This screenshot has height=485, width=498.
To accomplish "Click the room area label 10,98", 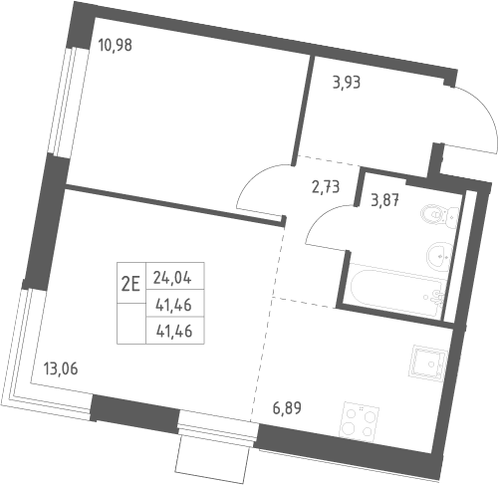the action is pyautogui.click(x=116, y=45).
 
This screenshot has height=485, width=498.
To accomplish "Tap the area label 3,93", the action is pyautogui.click(x=347, y=83).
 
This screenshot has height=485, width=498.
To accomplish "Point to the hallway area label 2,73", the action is pyautogui.click(x=326, y=187).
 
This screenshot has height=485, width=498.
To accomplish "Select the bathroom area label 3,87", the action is pyautogui.click(x=384, y=200).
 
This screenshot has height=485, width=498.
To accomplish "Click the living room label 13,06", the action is pyautogui.click(x=61, y=368).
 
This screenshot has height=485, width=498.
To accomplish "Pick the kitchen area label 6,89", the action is pyautogui.click(x=287, y=408).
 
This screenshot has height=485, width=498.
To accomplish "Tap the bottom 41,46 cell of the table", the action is pyautogui.click(x=175, y=331).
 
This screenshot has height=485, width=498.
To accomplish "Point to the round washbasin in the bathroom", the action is pyautogui.click(x=439, y=256).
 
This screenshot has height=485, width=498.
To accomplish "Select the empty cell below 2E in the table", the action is pyautogui.click(x=131, y=324).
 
